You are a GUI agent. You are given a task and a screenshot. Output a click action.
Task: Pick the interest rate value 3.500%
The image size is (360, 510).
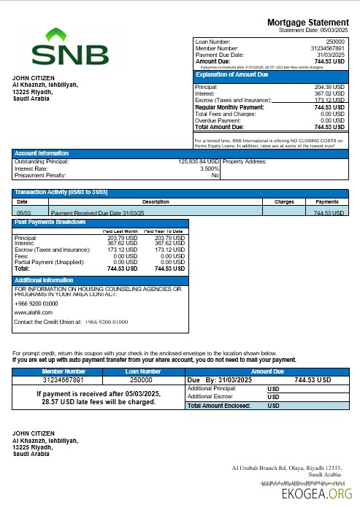pos(210,169)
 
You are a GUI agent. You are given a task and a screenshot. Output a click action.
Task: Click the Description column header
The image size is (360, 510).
pos(156,201)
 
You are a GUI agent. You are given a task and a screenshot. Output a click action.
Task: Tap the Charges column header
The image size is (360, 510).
pos(283,201)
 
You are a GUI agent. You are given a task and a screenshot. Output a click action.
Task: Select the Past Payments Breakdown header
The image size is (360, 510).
pos(50,222)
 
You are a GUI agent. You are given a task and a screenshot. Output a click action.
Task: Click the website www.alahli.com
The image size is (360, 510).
pos(33,312)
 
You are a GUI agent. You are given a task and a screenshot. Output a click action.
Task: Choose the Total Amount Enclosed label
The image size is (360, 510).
pos(219,405)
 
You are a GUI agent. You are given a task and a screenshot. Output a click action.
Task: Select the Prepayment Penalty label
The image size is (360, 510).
pos(40,175)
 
